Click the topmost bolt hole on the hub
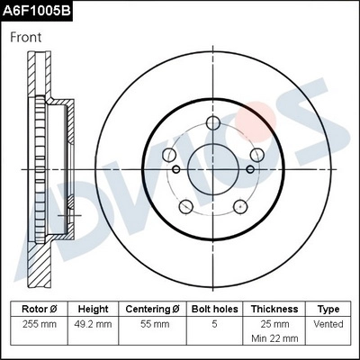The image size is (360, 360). [x=213, y=124]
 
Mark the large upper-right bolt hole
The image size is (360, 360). [x=255, y=155]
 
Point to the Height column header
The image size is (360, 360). [x=93, y=309]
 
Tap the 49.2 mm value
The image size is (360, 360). [x=93, y=323]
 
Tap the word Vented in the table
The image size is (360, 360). [x=328, y=323]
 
